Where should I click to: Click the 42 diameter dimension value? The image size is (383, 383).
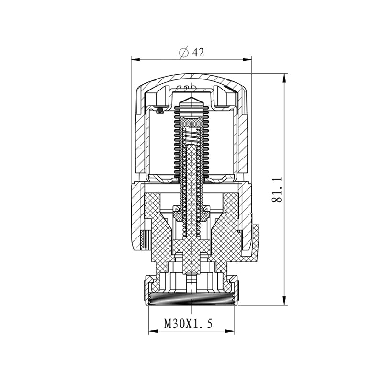point(198,52)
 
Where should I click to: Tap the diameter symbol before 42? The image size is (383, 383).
point(184,52)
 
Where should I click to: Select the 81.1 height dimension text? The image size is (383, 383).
point(277,190)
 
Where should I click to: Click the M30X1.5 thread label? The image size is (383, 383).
point(188,324)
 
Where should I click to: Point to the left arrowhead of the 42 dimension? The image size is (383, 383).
point(135,59)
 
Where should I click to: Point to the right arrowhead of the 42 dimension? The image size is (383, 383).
point(247,59)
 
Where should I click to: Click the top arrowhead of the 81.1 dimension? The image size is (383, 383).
point(284,78)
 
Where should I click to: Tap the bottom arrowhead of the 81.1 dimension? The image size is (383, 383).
point(284,301)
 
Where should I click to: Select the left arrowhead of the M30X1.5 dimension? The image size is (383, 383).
point(153,331)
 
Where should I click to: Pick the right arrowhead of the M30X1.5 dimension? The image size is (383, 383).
point(230,331)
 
